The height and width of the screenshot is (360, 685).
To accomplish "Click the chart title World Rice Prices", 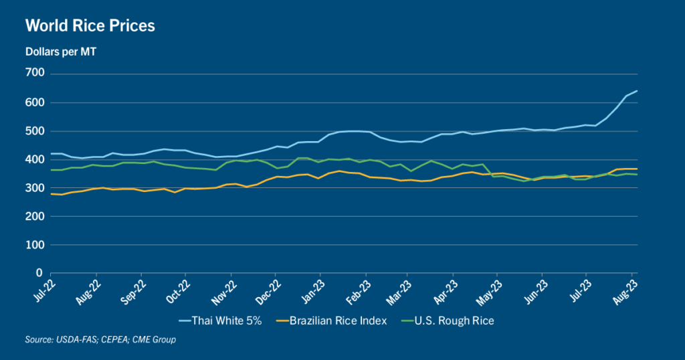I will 90,26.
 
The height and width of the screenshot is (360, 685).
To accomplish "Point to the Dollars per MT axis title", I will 61,52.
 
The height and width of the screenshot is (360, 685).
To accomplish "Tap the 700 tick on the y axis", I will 34,73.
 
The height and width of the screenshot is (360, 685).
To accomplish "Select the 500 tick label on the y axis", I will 34,131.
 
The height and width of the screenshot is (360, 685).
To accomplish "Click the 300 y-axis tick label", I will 34,189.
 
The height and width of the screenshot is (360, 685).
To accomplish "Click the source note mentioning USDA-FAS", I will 100,341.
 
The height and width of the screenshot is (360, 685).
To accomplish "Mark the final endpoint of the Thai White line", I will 637,91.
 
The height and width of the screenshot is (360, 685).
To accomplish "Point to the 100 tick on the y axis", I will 34,246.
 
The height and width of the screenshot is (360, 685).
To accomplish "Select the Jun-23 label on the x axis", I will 534,290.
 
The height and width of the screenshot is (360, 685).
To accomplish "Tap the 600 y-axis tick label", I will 34,102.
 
